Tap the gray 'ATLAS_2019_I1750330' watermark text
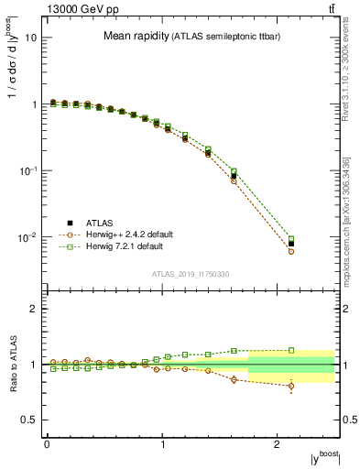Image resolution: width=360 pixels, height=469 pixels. point(190,274)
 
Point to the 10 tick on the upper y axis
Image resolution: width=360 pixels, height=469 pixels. point(32,38)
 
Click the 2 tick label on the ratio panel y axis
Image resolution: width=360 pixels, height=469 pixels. point(34,309)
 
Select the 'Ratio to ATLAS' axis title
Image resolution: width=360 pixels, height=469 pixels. point(12,365)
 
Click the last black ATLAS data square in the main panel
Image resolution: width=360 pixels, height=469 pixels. point(291,244)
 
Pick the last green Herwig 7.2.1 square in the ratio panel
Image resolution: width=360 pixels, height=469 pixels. point(291,350)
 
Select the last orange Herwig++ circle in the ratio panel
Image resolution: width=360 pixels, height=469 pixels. point(291,386)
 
